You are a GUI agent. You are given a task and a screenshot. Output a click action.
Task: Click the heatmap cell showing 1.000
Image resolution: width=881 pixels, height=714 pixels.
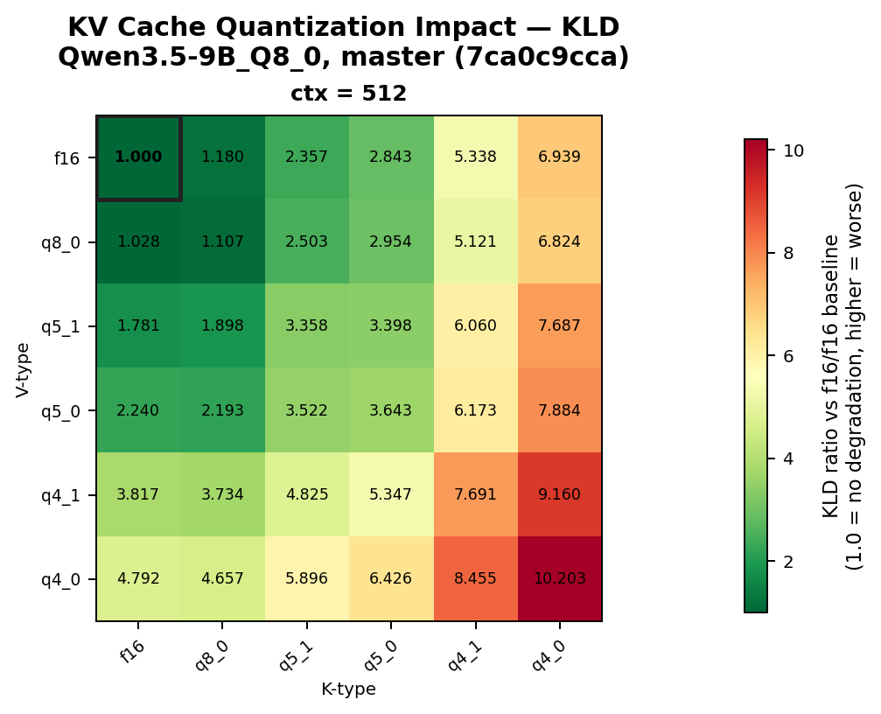coord(138,157)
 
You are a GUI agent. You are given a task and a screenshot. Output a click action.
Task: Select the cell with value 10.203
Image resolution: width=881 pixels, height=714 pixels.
coord(560,578)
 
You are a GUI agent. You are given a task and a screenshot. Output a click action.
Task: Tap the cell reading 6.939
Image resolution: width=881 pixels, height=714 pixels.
coord(560,157)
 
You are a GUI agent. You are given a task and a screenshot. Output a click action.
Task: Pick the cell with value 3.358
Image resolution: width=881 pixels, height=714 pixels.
coord(307,325)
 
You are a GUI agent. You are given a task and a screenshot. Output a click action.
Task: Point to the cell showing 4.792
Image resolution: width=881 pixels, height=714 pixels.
coord(138,578)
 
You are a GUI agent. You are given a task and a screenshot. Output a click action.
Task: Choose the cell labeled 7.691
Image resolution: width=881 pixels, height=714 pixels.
coord(476,494)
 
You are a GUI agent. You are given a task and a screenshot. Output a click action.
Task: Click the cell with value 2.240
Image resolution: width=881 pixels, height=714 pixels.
coord(138,410)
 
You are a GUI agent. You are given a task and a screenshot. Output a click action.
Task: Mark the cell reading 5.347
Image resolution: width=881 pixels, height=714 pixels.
coord(391,494)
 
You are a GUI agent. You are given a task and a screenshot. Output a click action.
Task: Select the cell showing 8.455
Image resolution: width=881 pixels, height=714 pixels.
coord(476,578)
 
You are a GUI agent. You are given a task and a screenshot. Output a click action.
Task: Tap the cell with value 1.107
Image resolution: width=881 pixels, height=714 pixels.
coord(222,241)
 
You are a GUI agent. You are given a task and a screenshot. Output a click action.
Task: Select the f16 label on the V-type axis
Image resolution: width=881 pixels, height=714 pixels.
coord(67,158)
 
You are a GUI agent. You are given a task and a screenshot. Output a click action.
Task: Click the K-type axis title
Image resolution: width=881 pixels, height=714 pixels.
coord(348,689)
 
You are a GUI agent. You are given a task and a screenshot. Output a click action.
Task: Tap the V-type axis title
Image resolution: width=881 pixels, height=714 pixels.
coord(23,368)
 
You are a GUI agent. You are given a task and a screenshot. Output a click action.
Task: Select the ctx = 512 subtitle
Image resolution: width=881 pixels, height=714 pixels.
coord(348,94)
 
